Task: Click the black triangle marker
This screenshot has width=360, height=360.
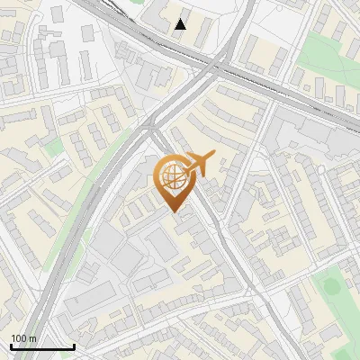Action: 181,24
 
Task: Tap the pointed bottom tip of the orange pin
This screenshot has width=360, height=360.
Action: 173,211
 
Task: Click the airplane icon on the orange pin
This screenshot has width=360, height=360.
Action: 199,165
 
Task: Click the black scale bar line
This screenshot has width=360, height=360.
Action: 42,347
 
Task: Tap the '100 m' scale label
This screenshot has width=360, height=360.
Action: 23,338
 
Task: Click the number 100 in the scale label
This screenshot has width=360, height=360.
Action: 19,338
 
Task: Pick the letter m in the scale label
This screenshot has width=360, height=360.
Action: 32,338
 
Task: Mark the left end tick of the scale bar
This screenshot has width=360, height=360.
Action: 11,346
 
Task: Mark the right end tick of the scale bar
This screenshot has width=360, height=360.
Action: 74,346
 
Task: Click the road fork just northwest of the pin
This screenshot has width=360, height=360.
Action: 153,130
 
